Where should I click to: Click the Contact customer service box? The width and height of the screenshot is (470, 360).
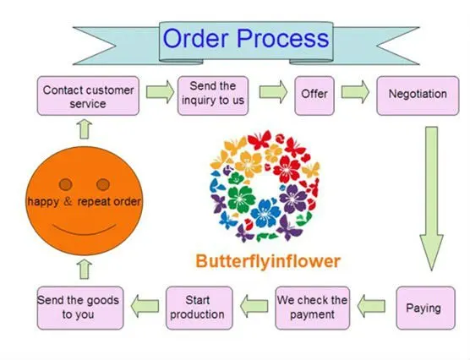tap(88, 95)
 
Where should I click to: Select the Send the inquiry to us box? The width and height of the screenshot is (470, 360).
tap(213, 95)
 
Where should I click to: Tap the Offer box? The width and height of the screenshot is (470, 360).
tap(314, 95)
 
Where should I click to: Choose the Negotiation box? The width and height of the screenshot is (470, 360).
tap(418, 95)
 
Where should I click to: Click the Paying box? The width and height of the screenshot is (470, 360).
tap(426, 308)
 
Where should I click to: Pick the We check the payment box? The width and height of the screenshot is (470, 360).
tap(312, 308)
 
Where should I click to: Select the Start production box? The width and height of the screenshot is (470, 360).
tap(199, 308)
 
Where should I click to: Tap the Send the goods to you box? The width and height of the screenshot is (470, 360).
tap(80, 308)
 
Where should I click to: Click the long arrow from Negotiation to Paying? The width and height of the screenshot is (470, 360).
tap(431, 199)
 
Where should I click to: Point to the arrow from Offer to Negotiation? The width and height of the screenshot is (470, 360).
tap(355, 92)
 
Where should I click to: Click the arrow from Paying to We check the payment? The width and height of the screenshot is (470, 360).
tap(371, 306)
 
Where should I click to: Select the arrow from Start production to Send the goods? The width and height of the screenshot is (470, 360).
tap(145, 306)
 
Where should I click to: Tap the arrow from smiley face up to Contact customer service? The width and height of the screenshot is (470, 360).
tap(85, 129)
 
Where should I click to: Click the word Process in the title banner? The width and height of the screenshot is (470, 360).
tap(283, 38)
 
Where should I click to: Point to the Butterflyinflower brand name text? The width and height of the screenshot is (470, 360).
tap(268, 261)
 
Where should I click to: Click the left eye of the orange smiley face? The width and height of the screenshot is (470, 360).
tap(66, 184)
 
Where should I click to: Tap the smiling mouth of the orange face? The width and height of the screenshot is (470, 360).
tap(85, 229)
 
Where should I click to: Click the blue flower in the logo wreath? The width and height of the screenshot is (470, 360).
tap(265, 214)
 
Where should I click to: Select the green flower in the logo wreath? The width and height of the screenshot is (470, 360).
tap(242, 198)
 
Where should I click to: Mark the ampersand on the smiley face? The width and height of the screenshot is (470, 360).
tap(68, 201)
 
